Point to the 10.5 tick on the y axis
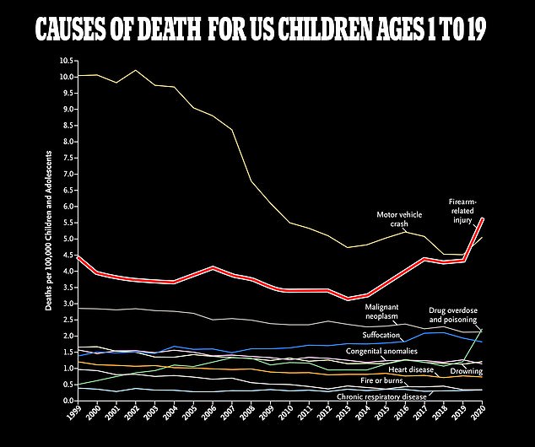(67, 61)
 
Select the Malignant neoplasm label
(389, 311)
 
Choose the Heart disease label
(411, 369)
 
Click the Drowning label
(466, 370)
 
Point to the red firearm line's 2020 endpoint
(481, 218)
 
